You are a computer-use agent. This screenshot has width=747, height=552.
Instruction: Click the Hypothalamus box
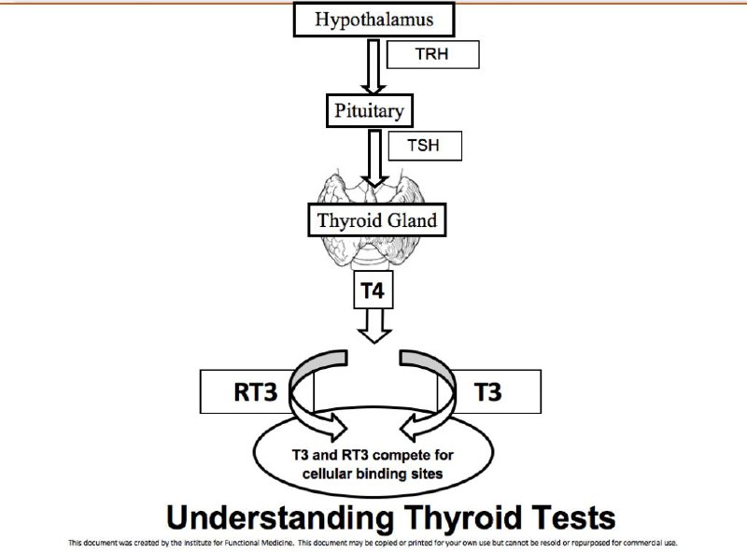[374, 19]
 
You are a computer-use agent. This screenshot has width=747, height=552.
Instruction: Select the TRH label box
[432, 54]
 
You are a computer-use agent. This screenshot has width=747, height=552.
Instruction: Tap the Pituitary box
[369, 110]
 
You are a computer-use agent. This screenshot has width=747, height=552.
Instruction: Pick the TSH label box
[425, 146]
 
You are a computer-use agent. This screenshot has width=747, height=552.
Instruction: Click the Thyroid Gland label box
[377, 220]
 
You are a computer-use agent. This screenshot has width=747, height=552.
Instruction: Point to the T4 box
[373, 290]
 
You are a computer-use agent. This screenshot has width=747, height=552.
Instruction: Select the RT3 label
[255, 392]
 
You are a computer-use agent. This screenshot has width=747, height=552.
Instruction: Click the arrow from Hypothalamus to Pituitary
[373, 66]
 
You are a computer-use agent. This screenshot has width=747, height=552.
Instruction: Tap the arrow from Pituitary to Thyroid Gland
[375, 158]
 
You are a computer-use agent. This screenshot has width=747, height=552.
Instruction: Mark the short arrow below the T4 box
[374, 326]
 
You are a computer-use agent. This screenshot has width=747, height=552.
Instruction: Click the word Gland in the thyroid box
[413, 220]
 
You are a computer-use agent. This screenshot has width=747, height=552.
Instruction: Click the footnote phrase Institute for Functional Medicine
[236, 543]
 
